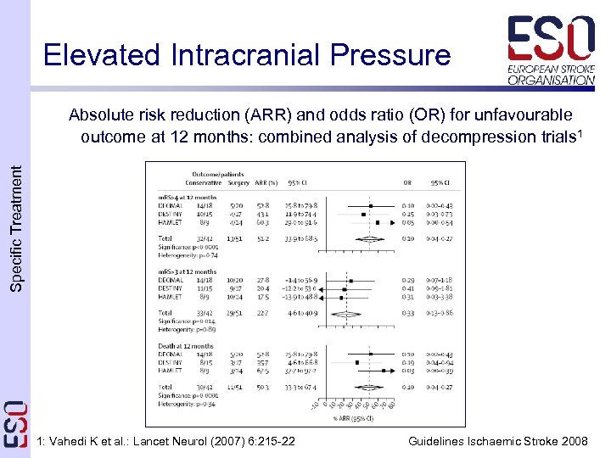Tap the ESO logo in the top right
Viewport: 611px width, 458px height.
[551, 50]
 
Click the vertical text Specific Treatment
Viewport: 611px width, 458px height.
[17, 229]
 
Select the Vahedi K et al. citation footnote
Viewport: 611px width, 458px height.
[167, 441]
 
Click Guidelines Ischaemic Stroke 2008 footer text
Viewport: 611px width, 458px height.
[497, 441]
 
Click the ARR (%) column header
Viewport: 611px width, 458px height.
[265, 182]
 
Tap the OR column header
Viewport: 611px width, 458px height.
[407, 182]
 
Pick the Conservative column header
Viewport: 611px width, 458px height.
[204, 182]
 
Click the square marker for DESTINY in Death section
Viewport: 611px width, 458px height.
[358, 362]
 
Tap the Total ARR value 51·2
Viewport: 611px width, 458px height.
[263, 239]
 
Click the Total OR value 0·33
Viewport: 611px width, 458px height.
[407, 314]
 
